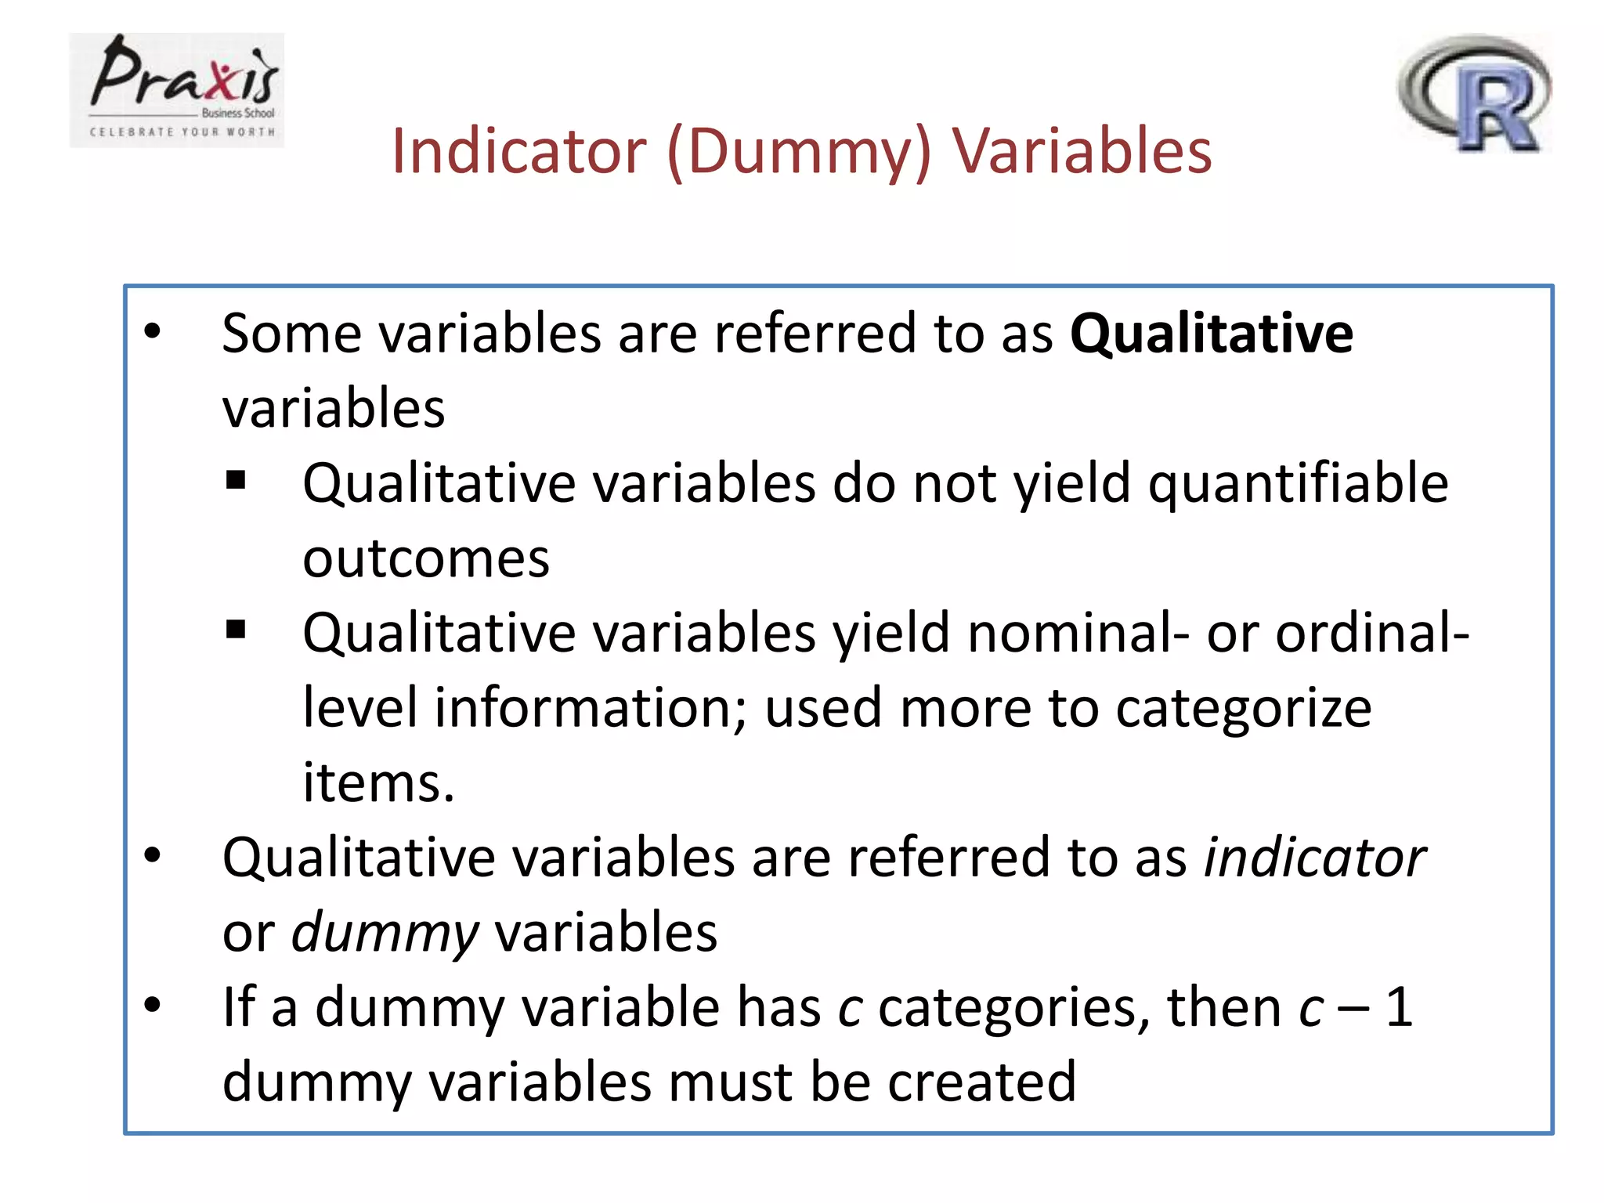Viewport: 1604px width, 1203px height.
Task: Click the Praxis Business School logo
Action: (x=177, y=89)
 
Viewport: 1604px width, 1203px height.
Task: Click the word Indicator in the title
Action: (x=519, y=150)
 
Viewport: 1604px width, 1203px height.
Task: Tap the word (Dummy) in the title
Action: (x=800, y=152)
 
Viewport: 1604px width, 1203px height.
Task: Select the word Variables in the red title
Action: (x=1082, y=150)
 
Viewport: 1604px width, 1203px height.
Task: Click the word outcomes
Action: (x=426, y=559)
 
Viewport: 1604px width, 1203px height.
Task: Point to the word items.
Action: (x=378, y=783)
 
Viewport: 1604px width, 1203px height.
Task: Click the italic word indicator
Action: (x=1314, y=858)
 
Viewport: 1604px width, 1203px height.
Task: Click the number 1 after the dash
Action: (x=1399, y=1008)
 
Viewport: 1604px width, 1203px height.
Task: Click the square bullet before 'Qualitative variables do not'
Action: (x=236, y=479)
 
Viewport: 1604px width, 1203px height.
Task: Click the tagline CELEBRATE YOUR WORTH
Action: (x=182, y=132)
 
